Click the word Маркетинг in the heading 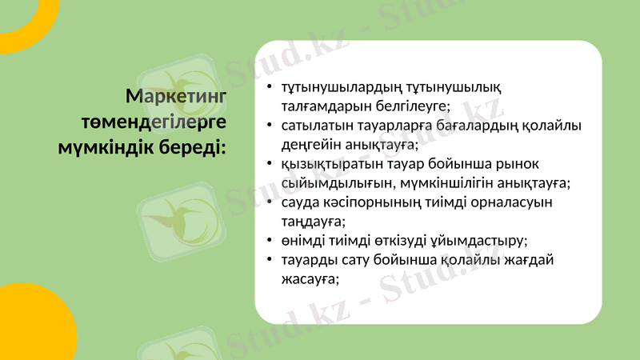pyautogui.click(x=176, y=97)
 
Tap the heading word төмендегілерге pyautogui.click(x=154, y=122)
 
